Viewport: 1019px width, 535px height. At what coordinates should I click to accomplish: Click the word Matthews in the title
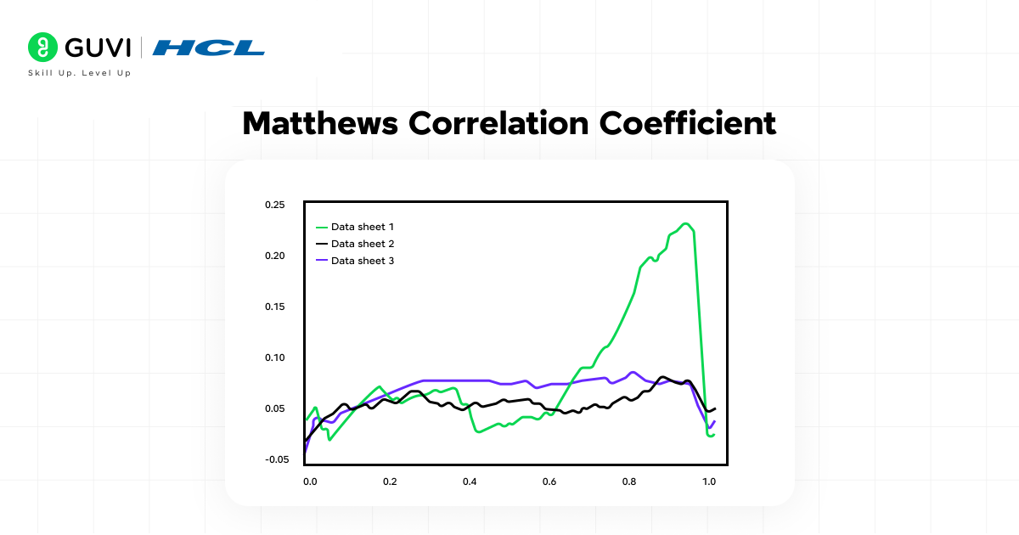click(x=321, y=124)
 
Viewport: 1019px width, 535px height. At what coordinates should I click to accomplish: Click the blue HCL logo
click(x=209, y=48)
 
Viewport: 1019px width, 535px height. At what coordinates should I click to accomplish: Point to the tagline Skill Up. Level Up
click(x=80, y=74)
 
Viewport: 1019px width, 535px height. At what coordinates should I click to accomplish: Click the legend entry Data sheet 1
click(x=362, y=228)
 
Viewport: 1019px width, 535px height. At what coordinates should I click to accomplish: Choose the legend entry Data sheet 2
click(x=362, y=244)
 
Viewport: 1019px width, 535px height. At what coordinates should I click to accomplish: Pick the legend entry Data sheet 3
click(x=362, y=261)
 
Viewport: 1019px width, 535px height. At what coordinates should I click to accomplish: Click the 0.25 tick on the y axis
click(x=274, y=205)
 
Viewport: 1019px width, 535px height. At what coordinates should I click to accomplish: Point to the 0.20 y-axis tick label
click(x=274, y=256)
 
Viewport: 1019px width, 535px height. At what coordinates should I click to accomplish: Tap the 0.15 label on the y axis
click(x=274, y=307)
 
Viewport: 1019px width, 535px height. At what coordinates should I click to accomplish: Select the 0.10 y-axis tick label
click(x=274, y=358)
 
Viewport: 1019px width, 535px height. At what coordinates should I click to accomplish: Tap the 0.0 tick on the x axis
click(x=310, y=481)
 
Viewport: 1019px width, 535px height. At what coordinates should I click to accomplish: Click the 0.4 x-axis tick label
click(x=470, y=481)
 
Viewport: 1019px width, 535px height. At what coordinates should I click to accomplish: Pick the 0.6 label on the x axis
click(x=549, y=481)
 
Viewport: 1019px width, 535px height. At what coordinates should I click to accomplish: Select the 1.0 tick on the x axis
click(x=709, y=481)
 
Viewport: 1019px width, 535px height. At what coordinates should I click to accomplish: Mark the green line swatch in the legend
click(x=321, y=228)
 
